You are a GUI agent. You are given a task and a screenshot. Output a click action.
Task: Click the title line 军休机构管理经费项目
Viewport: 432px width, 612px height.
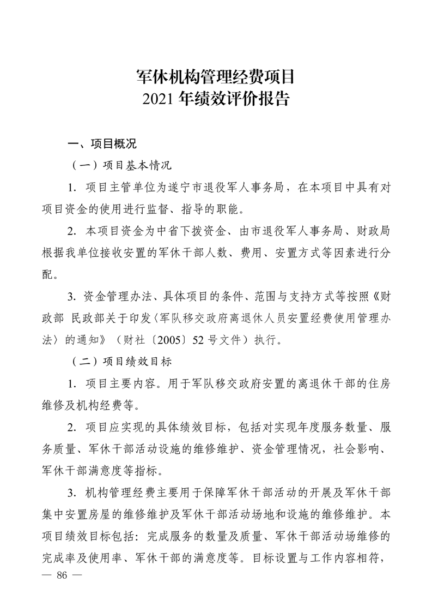[x=216, y=76]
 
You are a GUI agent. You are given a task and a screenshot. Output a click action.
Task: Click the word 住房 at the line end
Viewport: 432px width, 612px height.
[x=380, y=383]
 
